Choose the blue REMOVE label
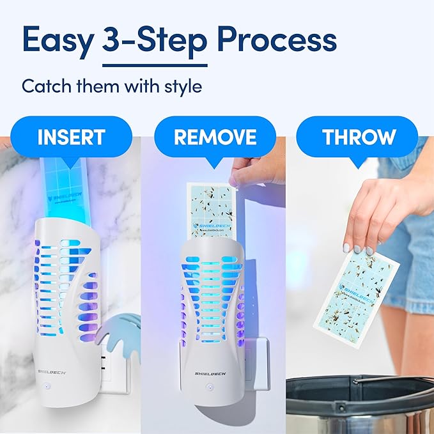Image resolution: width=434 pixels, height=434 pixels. click(215, 137)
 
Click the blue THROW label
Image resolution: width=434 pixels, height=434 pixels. click(359, 137)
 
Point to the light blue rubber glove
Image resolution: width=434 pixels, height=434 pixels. click(118, 332)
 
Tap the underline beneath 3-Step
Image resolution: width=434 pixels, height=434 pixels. click(155, 65)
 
